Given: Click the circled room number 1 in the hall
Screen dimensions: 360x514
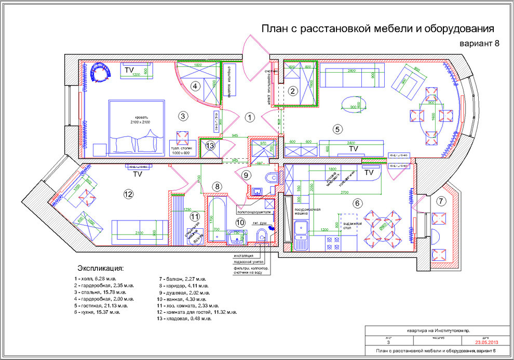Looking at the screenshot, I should click(x=250, y=118).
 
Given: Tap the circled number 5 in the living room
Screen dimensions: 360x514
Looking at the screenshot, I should click(x=337, y=129).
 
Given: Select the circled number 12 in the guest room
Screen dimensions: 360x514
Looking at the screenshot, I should click(x=128, y=194).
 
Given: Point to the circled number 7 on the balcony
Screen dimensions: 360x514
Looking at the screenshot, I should click(x=441, y=201).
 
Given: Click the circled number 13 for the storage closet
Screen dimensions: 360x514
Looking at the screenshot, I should click(x=209, y=146).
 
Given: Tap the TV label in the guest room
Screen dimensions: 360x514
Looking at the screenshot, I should click(x=137, y=174).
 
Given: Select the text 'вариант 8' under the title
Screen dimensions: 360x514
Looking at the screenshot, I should click(x=479, y=44).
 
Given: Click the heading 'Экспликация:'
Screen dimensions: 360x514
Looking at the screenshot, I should click(x=101, y=268).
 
